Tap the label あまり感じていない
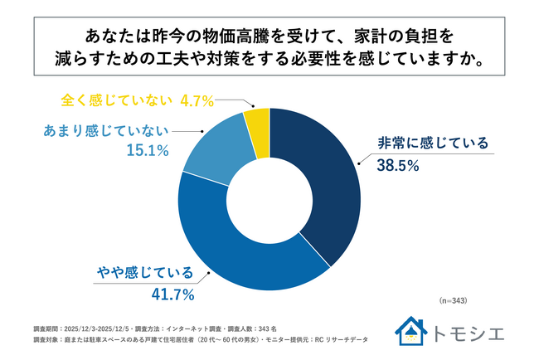pyautogui.click(x=104, y=129)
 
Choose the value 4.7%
pyautogui.click(x=199, y=100)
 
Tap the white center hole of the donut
pyautogui.click(x=269, y=200)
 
